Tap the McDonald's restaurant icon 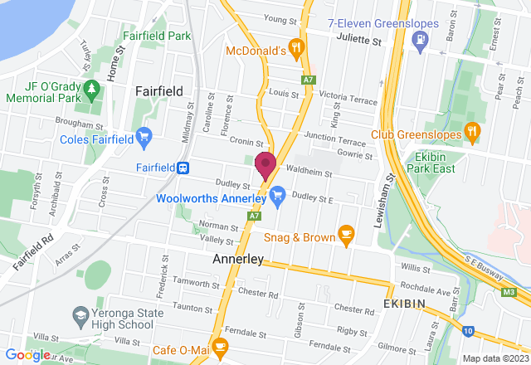click(x=294, y=48)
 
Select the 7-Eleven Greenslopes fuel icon click(x=422, y=39)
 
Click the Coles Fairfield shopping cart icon click(x=144, y=134)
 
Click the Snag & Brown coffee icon click(x=346, y=236)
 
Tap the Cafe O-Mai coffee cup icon click(x=219, y=345)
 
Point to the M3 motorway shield click(x=509, y=292)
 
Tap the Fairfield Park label click(x=157, y=36)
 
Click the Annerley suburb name click(x=238, y=259)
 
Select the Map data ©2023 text click(x=494, y=358)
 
